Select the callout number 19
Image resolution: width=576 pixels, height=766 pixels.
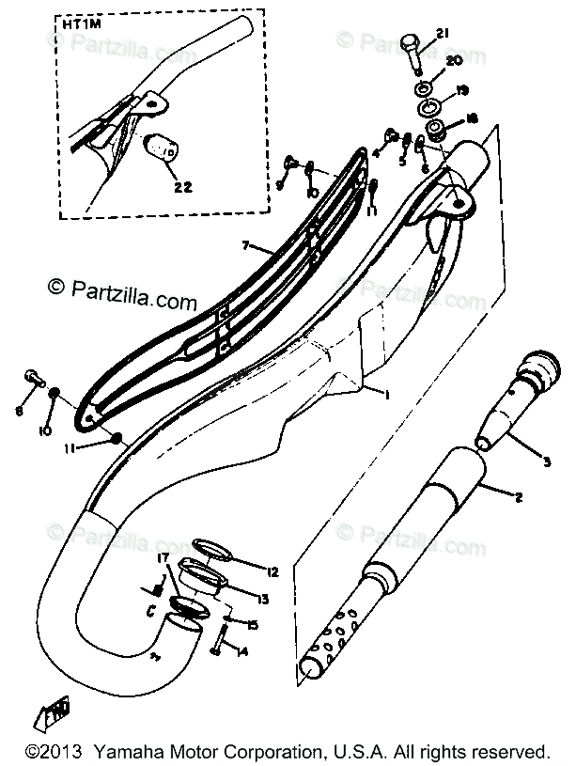(x=462, y=90)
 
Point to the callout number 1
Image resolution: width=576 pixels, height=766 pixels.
(x=384, y=393)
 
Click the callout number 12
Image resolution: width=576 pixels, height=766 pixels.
(x=273, y=572)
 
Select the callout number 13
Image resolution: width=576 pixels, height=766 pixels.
(x=264, y=600)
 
